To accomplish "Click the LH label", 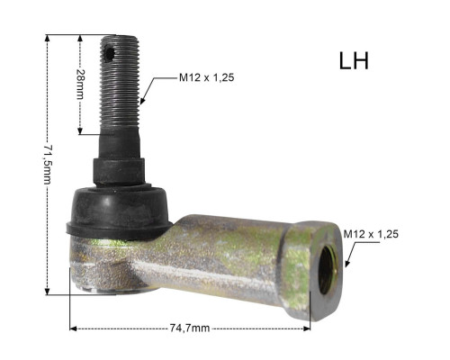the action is click(x=354, y=61).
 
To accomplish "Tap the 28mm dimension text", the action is click(x=80, y=84).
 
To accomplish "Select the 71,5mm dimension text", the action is click(x=48, y=165).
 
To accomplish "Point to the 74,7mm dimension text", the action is click(x=190, y=328).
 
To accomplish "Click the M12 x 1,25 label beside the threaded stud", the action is click(x=206, y=77).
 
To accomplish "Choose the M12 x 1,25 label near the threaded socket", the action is click(x=371, y=234).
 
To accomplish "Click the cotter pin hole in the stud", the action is click(x=109, y=54).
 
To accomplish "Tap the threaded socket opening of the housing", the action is click(x=328, y=271).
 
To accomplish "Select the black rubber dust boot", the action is click(x=119, y=211).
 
